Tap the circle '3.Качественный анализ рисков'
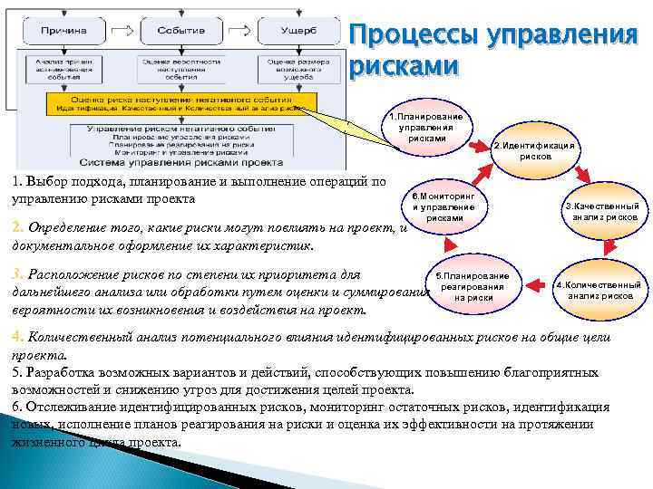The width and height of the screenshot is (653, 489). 604,212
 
